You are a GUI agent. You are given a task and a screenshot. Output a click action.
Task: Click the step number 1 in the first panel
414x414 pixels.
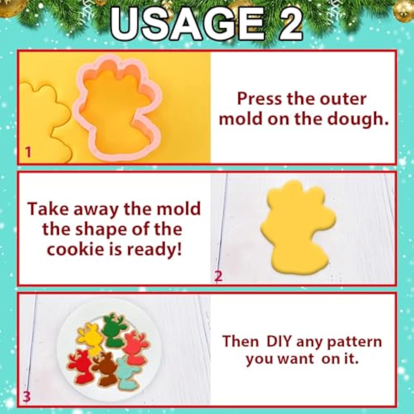[28, 152]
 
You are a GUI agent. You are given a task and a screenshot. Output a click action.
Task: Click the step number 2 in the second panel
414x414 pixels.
[218, 276]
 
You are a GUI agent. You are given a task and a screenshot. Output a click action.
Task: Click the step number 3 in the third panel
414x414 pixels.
[26, 397]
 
